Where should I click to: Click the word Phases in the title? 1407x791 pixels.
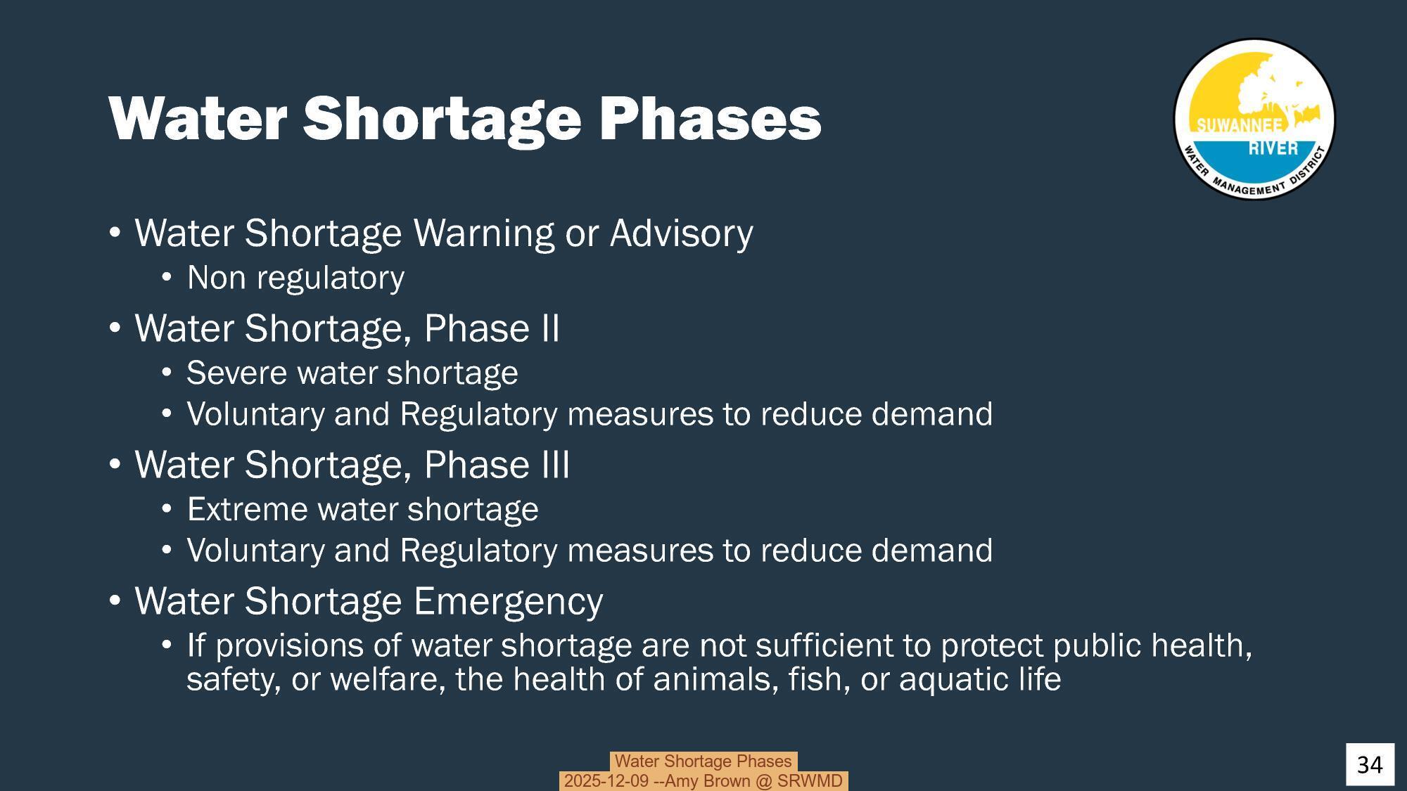click(x=710, y=118)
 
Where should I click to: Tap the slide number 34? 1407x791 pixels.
click(x=1369, y=764)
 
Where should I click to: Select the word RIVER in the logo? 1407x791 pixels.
click(x=1273, y=148)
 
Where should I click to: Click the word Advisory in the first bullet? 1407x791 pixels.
click(x=681, y=233)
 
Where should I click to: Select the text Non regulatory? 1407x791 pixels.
click(x=295, y=278)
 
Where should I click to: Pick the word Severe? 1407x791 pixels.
click(x=237, y=373)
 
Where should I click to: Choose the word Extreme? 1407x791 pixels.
click(x=247, y=509)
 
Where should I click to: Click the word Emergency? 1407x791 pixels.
click(x=507, y=601)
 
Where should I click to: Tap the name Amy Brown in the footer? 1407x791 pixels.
click(x=707, y=781)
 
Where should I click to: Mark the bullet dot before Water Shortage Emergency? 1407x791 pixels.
click(x=115, y=602)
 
